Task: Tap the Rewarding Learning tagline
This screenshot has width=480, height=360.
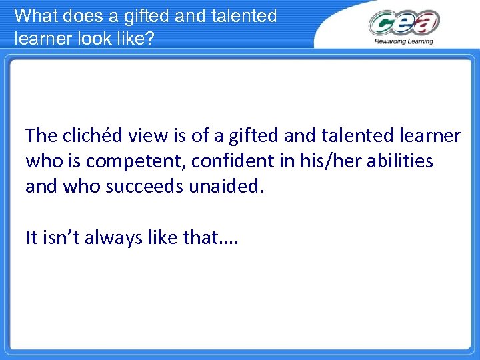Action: (404, 41)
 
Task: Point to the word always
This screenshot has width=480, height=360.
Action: (111, 237)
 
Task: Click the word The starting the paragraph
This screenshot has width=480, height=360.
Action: (41, 136)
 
